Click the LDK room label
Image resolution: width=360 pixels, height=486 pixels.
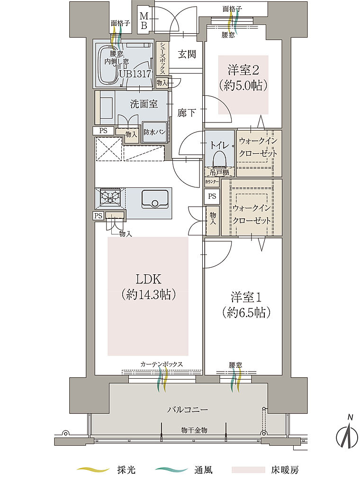click(x=148, y=279)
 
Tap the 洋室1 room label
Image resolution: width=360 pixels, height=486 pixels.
click(x=246, y=297)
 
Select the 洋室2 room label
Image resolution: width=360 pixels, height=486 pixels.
click(x=243, y=70)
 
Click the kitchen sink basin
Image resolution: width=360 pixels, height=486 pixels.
click(x=154, y=199)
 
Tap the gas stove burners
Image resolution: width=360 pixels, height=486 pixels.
click(x=110, y=196)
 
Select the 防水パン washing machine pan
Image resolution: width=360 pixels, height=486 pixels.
click(x=154, y=131)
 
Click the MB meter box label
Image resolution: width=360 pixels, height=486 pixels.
click(x=144, y=20)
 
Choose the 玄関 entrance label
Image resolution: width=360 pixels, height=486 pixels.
click(x=187, y=54)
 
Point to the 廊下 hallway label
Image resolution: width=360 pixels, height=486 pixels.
click(x=187, y=113)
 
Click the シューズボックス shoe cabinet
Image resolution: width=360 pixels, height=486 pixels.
click(x=162, y=58)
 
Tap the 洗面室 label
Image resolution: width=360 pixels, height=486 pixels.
click(x=144, y=104)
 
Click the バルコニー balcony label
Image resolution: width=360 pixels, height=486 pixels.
click(x=188, y=410)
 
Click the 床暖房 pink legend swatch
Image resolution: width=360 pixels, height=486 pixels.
click(x=248, y=469)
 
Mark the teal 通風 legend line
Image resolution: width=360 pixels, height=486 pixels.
click(x=171, y=470)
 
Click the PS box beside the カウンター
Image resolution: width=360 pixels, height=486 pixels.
click(x=212, y=196)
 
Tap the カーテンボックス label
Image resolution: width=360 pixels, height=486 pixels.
click(x=162, y=364)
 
